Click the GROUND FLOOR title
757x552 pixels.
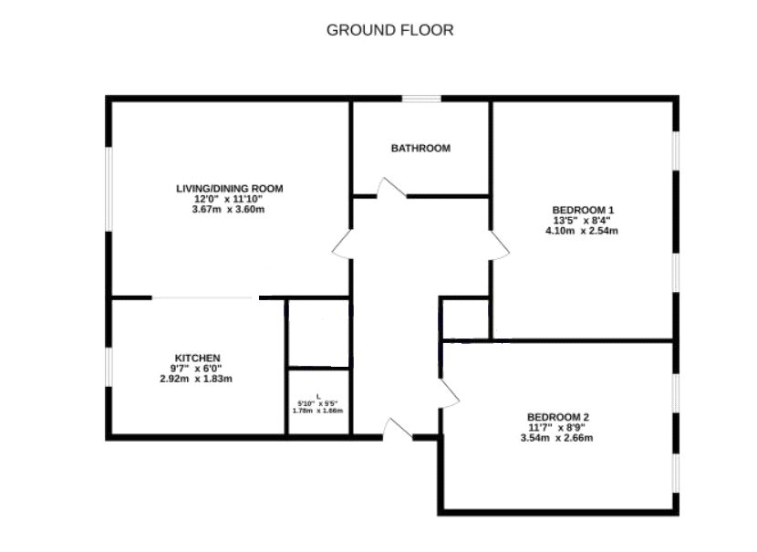[x=390, y=30]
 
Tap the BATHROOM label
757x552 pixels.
[x=420, y=148]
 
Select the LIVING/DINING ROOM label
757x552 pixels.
[x=229, y=188]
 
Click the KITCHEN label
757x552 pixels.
[x=197, y=358]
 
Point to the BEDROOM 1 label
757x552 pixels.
[x=583, y=210]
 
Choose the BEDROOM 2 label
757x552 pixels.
[x=558, y=417]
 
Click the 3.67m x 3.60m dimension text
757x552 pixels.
[x=228, y=210]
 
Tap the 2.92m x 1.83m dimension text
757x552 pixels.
[x=196, y=380]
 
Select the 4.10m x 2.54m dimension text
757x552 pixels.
[x=582, y=231]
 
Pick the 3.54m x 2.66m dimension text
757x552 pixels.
[x=556, y=438]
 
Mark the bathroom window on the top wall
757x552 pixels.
[x=421, y=99]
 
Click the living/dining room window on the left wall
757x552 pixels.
[x=109, y=189]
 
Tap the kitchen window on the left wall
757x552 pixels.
[x=109, y=367]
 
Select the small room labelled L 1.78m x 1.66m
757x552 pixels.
[x=318, y=401]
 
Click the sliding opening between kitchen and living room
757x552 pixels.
[x=205, y=298]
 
